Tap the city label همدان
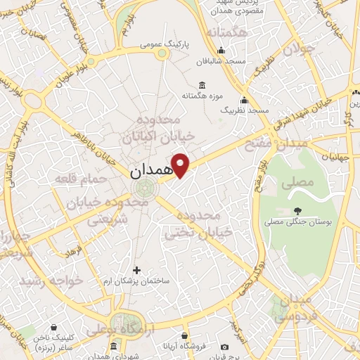151,171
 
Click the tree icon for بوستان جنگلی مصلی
298,210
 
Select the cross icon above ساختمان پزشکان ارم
136,269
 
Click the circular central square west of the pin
146,188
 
